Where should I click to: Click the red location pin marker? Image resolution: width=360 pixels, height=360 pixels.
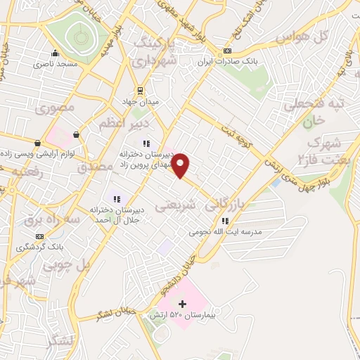tap(181, 165)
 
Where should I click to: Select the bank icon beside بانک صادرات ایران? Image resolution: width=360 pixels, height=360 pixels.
tap(227, 51)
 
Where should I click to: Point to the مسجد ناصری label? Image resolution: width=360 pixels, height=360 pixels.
tap(53, 63)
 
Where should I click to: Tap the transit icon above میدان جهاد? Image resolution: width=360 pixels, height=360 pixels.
tap(139, 90)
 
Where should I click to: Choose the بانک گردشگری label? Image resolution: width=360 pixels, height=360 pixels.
tap(39, 247)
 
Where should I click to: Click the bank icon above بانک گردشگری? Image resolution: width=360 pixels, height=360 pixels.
tap(39, 236)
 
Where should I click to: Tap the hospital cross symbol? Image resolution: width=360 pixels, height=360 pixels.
tap(182, 304)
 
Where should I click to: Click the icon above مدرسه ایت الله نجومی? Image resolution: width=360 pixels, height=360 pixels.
tap(225, 221)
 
